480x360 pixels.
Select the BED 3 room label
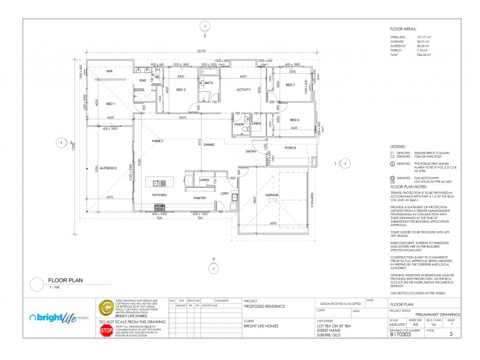tap(290, 85)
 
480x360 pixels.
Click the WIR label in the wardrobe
tap(110, 71)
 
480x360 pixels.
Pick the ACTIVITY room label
tap(244, 89)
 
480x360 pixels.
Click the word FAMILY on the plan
tap(158, 141)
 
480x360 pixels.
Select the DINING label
tap(209, 145)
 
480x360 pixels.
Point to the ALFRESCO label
tap(108, 168)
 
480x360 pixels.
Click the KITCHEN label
tap(159, 195)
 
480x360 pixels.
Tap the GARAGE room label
tap(273, 195)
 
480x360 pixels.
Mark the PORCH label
tap(290, 148)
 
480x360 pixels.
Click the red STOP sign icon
tap(106, 330)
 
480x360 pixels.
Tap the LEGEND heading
tap(398, 146)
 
